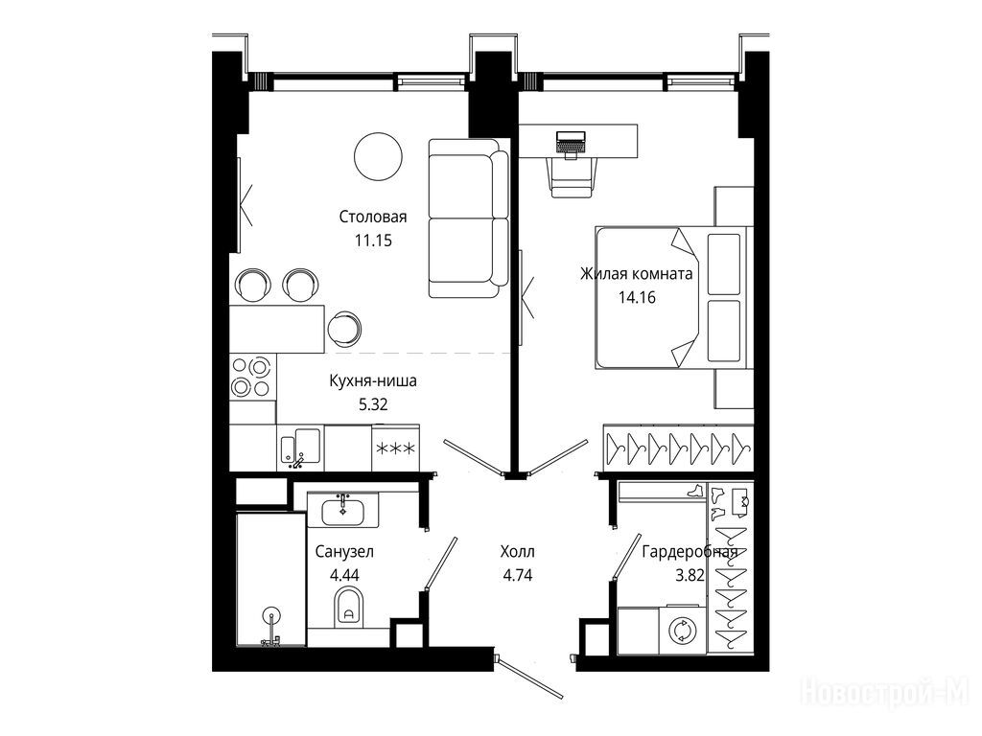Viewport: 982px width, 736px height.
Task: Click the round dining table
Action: pos(378,156)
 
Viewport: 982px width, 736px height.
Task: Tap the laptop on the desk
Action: pos(571,142)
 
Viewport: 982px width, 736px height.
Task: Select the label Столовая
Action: pos(373,217)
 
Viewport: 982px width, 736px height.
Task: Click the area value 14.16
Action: pos(637,297)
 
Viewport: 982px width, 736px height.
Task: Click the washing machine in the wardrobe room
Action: pos(682,630)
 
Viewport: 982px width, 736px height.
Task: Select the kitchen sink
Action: pos(300,448)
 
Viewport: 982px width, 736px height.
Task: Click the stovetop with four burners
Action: pos(252,377)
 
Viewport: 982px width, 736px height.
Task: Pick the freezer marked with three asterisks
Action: pos(395,448)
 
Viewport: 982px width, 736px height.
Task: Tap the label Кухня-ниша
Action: pos(373,380)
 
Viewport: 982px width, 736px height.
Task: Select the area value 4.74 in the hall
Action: pos(517,575)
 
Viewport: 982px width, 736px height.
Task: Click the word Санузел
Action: pos(344,551)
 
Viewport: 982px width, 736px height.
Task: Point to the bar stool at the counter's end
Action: pos(344,328)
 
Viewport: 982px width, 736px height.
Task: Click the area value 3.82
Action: pos(690,575)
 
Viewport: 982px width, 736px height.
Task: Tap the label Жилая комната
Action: pos(637,273)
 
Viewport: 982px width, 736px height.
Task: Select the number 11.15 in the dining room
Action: pos(373,240)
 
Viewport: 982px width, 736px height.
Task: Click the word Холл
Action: pos(518,551)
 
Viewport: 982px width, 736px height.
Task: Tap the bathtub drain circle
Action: pos(271,616)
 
